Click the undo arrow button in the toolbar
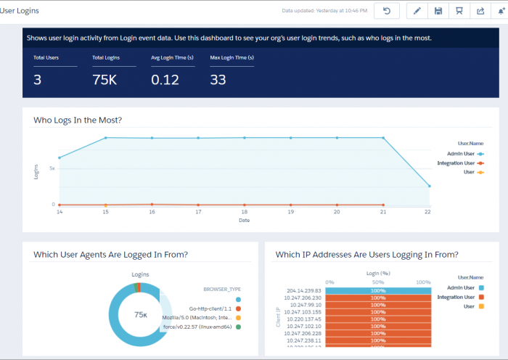click(x=387, y=11)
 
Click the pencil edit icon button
click(x=417, y=11)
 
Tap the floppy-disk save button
click(x=438, y=11)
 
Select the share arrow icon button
click(x=480, y=11)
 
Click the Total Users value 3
click(x=37, y=80)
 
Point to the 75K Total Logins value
click(x=104, y=80)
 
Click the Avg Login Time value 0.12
click(x=165, y=80)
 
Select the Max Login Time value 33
click(x=218, y=80)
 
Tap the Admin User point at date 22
click(x=429, y=186)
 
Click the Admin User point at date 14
click(x=60, y=157)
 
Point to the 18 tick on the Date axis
click(x=245, y=213)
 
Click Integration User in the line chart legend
click(x=456, y=163)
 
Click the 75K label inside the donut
click(x=141, y=314)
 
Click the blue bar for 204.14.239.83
click(x=378, y=290)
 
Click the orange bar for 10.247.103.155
click(x=378, y=311)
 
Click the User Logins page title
click(x=20, y=11)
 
